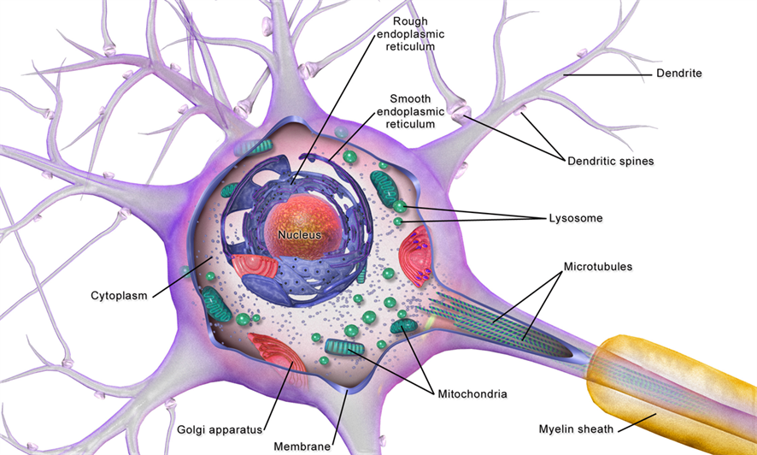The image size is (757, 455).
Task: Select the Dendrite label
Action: pyautogui.click(x=678, y=74)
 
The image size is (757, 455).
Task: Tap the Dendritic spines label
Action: pyautogui.click(x=610, y=160)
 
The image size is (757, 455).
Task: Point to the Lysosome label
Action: pyautogui.click(x=575, y=218)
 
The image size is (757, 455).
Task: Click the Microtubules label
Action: pyautogui.click(x=597, y=267)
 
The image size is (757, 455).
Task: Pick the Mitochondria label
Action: pyautogui.click(x=472, y=394)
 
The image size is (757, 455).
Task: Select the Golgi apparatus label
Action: pyautogui.click(x=218, y=428)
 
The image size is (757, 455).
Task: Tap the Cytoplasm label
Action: pyautogui.click(x=119, y=296)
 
